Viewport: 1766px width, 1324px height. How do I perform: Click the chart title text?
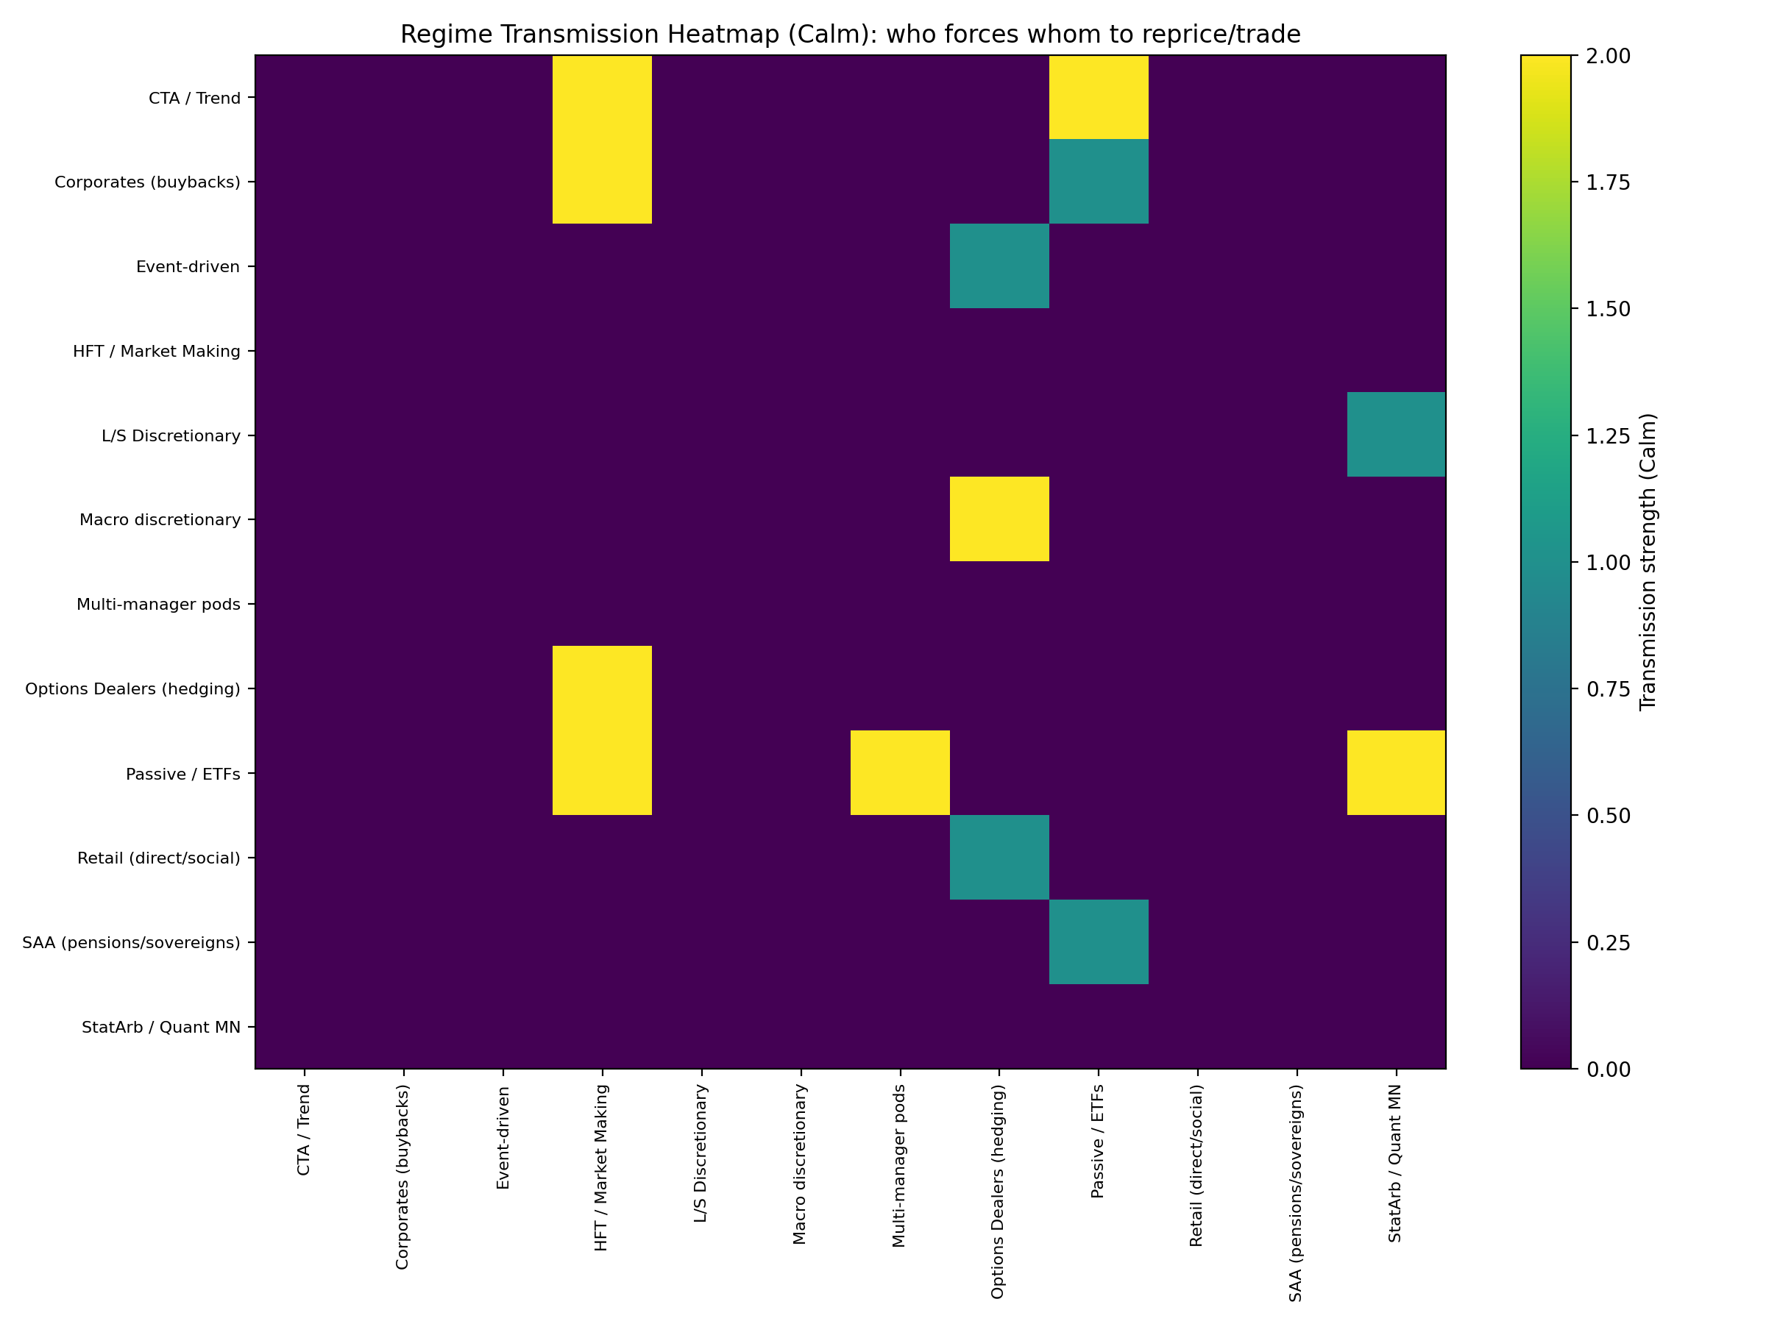click(x=851, y=35)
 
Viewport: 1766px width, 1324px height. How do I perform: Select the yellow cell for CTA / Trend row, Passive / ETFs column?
click(x=1099, y=97)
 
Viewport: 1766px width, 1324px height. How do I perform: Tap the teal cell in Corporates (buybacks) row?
click(x=1099, y=181)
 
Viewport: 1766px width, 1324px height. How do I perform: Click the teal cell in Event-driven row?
click(x=999, y=266)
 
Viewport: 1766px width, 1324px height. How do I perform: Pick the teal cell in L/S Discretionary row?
click(x=1396, y=434)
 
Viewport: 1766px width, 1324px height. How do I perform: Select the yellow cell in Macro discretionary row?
click(x=999, y=519)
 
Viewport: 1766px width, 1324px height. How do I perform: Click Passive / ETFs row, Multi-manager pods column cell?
click(x=900, y=772)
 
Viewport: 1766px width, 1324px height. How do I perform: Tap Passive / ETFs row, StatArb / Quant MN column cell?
click(x=1396, y=772)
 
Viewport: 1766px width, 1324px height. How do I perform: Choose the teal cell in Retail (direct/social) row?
click(x=999, y=856)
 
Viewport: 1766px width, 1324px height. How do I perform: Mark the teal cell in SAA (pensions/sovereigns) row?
click(x=1099, y=941)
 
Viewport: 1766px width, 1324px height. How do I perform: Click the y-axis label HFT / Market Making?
click(x=157, y=351)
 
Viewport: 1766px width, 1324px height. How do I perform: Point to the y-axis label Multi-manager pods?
click(x=158, y=604)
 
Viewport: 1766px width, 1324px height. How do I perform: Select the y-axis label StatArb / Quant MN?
click(x=160, y=1026)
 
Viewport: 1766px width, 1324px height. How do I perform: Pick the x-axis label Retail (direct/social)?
click(x=1196, y=1165)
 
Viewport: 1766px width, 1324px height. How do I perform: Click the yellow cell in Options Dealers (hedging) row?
click(x=602, y=687)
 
